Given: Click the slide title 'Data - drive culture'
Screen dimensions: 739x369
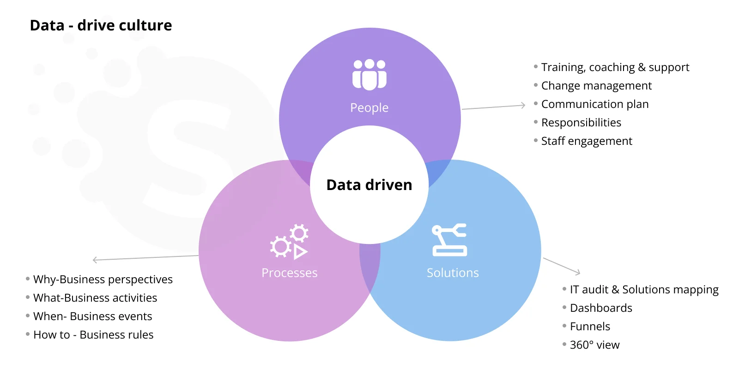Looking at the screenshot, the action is click(101, 25).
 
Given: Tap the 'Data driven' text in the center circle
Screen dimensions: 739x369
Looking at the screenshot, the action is click(369, 185).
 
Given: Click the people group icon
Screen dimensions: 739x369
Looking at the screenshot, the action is click(369, 74).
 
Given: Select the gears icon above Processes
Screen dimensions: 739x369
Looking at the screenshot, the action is click(289, 242).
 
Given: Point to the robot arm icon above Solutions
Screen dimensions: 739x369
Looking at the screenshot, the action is click(449, 240).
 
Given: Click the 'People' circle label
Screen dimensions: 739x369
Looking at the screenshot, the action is click(369, 108).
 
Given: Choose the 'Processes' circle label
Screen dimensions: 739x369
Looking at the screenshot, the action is click(289, 273).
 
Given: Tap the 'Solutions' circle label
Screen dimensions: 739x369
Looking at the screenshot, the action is click(453, 273).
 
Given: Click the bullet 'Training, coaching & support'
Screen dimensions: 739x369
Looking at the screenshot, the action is click(615, 67).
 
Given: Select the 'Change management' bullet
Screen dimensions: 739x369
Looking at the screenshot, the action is click(596, 86).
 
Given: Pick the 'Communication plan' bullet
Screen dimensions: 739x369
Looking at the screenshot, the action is click(595, 104).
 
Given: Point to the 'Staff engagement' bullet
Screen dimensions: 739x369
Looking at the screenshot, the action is click(587, 141).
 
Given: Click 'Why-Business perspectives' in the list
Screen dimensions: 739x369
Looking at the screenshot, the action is click(103, 280).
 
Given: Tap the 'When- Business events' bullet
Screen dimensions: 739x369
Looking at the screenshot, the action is click(93, 316).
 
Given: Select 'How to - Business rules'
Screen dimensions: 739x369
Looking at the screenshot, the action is click(93, 335).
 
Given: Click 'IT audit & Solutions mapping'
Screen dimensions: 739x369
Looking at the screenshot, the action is click(644, 290).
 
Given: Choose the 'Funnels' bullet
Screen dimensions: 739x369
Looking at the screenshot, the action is click(590, 327).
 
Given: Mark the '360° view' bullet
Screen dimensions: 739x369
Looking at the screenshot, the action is click(594, 345).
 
